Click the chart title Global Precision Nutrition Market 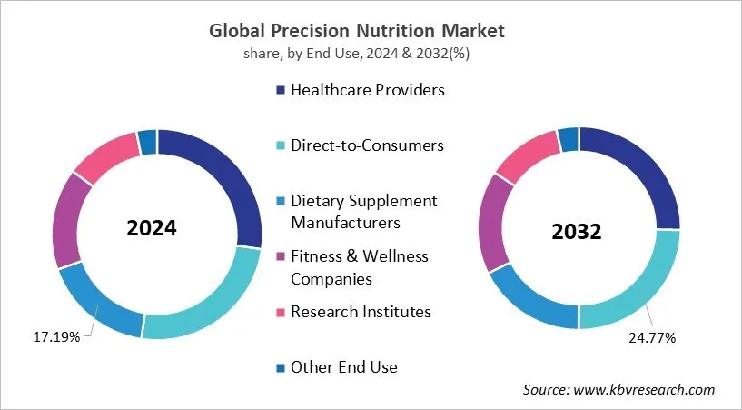pos(371,31)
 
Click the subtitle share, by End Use pos(371,54)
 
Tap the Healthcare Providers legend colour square pos(281,90)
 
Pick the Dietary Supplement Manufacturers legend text pos(363,211)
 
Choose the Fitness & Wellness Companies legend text pos(359,267)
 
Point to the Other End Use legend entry pos(343,367)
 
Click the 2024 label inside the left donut pos(152,228)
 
